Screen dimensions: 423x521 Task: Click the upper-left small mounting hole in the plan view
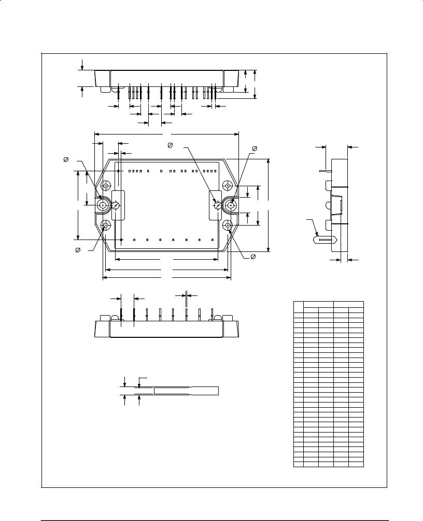[106, 186]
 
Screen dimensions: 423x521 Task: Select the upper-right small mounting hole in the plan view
[228, 186]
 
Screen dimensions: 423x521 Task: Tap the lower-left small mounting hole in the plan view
[106, 225]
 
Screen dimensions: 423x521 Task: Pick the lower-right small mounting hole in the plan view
[228, 225]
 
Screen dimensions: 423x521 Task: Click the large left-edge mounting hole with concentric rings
[103, 205]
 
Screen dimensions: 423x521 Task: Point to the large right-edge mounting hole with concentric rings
[231, 205]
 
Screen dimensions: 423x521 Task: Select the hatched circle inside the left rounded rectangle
[116, 206]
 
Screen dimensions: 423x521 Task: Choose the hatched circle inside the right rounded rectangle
[218, 206]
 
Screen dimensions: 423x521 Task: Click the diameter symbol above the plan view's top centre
[170, 145]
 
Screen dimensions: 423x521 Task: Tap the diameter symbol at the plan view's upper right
[255, 148]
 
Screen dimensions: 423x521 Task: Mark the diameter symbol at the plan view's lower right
[253, 257]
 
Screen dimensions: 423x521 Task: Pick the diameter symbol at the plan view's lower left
[78, 250]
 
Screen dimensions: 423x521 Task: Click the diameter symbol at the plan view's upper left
[66, 160]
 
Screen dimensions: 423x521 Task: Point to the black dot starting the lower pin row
[121, 240]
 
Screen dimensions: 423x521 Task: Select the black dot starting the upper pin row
[118, 171]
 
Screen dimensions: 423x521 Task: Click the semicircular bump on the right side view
[329, 206]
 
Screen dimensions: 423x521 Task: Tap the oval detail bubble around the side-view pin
[326, 240]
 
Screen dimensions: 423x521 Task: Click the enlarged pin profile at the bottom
[186, 391]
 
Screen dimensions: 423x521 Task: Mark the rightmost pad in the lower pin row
[213, 240]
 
